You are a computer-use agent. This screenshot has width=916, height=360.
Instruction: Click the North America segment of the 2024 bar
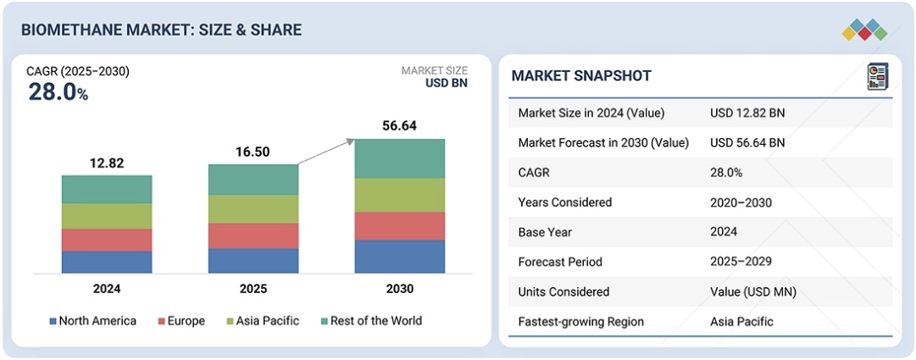[x=107, y=262]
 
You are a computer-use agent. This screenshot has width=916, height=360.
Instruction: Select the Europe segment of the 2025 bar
[x=253, y=235]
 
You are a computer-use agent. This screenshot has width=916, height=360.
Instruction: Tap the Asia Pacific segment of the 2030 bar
[x=400, y=195]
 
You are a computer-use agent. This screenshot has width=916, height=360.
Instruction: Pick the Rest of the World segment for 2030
[x=400, y=158]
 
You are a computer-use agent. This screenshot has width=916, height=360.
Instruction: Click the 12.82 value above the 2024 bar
[x=107, y=163]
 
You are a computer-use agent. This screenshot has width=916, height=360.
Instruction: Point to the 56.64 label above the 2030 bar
[x=400, y=126]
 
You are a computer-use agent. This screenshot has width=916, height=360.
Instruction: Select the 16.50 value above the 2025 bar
[x=253, y=152]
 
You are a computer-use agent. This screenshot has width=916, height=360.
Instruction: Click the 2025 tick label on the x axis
[x=253, y=289]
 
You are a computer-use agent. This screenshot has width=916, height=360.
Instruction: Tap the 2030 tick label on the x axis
[x=400, y=289]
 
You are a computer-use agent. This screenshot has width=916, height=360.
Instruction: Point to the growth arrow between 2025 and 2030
[x=327, y=152]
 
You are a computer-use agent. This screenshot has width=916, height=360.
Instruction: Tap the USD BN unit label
[x=446, y=83]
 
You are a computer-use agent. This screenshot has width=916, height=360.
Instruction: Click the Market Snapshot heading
[x=581, y=76]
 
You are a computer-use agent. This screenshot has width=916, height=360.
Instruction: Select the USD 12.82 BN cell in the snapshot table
[x=747, y=113]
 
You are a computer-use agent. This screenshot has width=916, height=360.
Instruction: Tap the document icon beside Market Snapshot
[x=877, y=76]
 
